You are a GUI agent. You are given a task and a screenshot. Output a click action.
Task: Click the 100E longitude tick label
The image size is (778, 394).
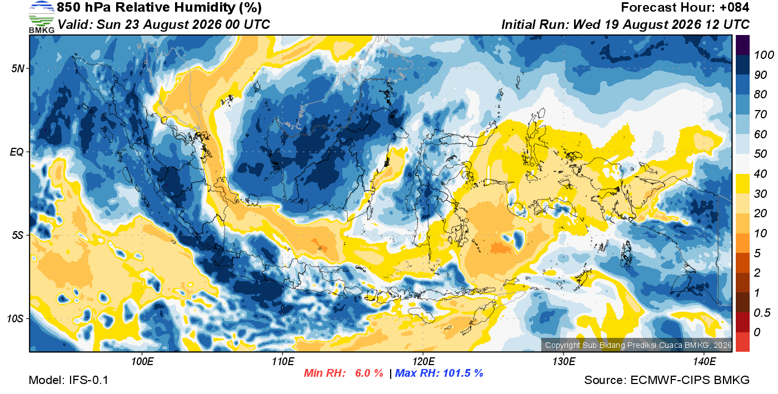pyautogui.click(x=142, y=362)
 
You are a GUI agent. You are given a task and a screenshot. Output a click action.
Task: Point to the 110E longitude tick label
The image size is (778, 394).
pyautogui.click(x=283, y=362)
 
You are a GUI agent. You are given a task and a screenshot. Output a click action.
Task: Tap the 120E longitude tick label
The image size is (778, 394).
pyautogui.click(x=423, y=362)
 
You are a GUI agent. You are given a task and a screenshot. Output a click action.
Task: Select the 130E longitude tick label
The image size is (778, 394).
pyautogui.click(x=563, y=362)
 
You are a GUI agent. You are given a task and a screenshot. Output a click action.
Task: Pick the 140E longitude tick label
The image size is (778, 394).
pyautogui.click(x=705, y=362)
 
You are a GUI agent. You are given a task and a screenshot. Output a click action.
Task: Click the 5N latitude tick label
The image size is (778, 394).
pyautogui.click(x=18, y=68)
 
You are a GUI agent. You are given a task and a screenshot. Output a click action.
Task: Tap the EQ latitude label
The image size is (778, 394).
pyautogui.click(x=17, y=152)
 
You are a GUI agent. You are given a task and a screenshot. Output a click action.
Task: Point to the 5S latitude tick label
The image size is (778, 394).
pyautogui.click(x=18, y=235)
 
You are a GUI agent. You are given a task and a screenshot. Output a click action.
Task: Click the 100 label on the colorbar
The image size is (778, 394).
pyautogui.click(x=764, y=55)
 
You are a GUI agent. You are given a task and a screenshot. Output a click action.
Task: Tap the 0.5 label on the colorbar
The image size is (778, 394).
pyautogui.click(x=762, y=313)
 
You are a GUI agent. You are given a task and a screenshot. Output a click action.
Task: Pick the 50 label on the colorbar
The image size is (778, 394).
pyautogui.click(x=760, y=153)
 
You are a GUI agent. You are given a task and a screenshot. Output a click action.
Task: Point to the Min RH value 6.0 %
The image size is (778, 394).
pyautogui.click(x=369, y=373)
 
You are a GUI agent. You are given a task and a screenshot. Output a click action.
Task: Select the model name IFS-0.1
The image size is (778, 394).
pyautogui.click(x=88, y=380)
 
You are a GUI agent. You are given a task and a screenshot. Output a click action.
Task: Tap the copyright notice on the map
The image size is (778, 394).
pyautogui.click(x=638, y=345)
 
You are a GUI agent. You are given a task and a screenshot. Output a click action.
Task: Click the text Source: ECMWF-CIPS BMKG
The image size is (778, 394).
pyautogui.click(x=667, y=380)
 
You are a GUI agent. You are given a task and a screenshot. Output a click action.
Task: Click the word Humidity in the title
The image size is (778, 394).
pyautogui.click(x=205, y=8)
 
